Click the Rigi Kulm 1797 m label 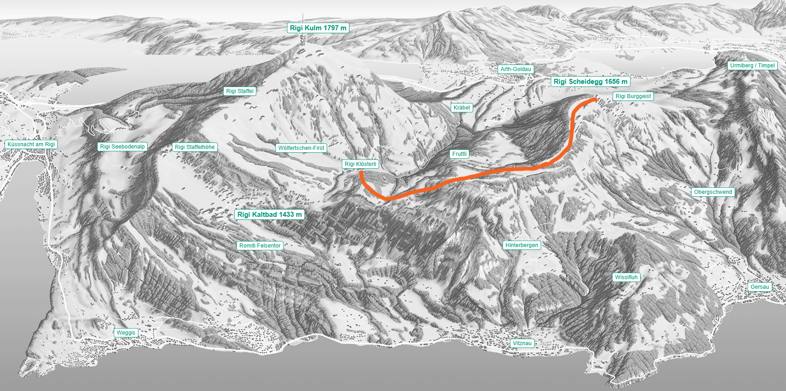point(318,28)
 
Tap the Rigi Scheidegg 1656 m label point(590,82)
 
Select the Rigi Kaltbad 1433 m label point(269,215)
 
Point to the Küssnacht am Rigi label point(31,144)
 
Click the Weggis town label point(126,333)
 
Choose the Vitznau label point(522,343)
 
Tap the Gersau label point(759,287)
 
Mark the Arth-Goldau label point(515,69)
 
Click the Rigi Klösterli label point(360,164)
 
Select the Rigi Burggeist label point(633,96)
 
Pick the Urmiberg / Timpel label point(752,66)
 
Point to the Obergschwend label point(713,192)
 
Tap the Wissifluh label point(626,277)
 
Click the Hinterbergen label point(521,245)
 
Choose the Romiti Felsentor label point(260,246)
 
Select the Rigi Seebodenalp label point(122,147)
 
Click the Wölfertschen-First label point(301,148)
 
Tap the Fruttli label point(459,154)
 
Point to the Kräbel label point(461,108)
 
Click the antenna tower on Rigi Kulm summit point(302,40)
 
